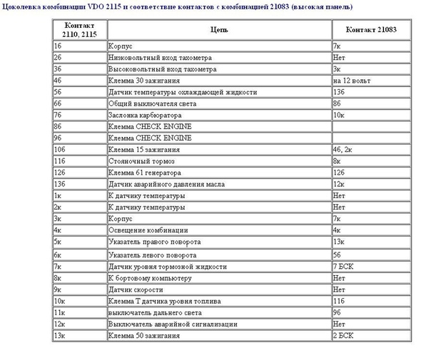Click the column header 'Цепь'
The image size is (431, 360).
pos(218,30)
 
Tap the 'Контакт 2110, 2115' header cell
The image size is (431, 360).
pos(79,29)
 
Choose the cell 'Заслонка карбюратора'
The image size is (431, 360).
pos(145,115)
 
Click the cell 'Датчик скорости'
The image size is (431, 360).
pos(136,289)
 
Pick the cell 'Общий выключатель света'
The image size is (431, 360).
pos(149,103)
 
